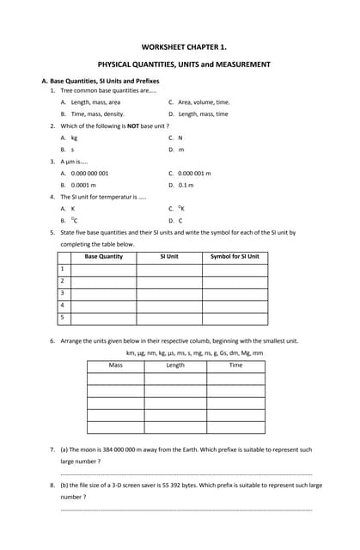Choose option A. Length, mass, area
point(90,102)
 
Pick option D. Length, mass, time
point(198,113)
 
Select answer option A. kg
point(70,137)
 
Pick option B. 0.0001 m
point(78,185)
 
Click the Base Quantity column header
point(103,257)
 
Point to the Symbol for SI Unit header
point(235,257)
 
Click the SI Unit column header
point(169,257)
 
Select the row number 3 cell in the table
point(63,293)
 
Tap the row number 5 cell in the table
point(63,317)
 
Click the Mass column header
point(115,365)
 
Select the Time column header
point(235,365)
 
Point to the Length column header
point(175,365)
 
